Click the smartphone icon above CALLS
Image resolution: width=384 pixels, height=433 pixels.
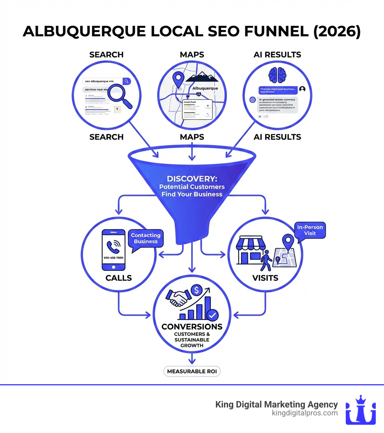coord(113,250)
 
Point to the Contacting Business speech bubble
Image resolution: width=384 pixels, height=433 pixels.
coord(145,238)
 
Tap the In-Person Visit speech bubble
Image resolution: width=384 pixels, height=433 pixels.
coord(310,230)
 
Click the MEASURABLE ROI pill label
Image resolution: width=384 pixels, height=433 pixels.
coord(192,371)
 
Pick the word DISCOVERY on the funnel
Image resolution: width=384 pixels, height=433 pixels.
coord(192,179)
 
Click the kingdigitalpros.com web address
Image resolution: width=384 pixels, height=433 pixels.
coord(304,413)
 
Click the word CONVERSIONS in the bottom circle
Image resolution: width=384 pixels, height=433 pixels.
coord(192,326)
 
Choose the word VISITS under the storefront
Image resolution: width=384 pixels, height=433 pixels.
coord(265,278)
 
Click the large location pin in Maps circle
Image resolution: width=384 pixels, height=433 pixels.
coord(178,80)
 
